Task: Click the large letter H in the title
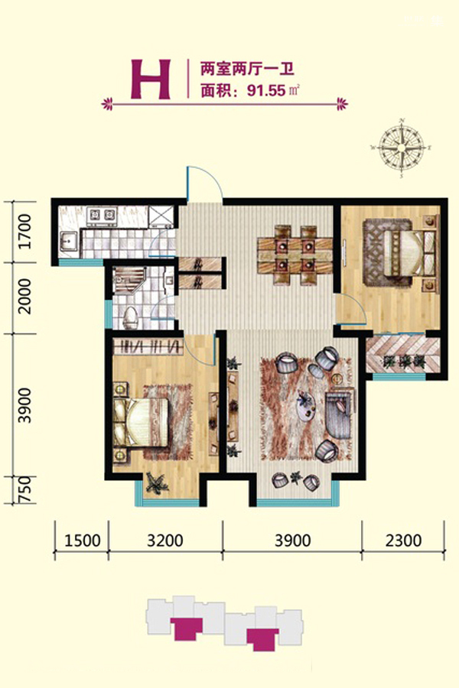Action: pyautogui.click(x=150, y=80)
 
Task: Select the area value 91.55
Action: pyautogui.click(x=267, y=91)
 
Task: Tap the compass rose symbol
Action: pyautogui.click(x=402, y=148)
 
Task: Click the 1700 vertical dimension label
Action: pyautogui.click(x=25, y=231)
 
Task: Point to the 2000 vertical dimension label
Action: pyautogui.click(x=25, y=297)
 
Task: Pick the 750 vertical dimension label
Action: pyautogui.click(x=25, y=489)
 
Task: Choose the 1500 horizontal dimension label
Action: pyautogui.click(x=82, y=540)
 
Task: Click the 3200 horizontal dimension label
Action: pyautogui.click(x=165, y=540)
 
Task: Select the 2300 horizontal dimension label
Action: pyautogui.click(x=404, y=540)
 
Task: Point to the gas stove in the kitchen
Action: pyautogui.click(x=103, y=215)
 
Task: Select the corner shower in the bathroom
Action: pyautogui.click(x=127, y=280)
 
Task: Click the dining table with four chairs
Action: pyautogui.click(x=295, y=255)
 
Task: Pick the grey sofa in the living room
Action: pyautogui.click(x=339, y=414)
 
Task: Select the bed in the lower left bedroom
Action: pyautogui.click(x=141, y=422)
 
